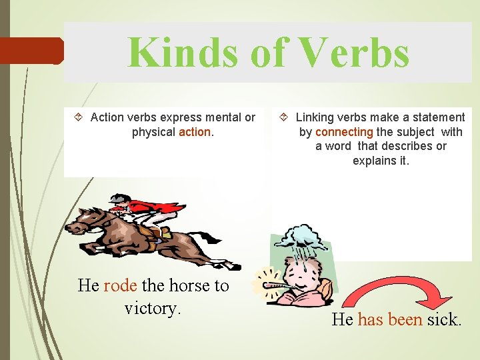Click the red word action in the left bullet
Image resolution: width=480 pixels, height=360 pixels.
click(x=195, y=132)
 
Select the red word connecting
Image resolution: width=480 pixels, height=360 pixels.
click(x=345, y=132)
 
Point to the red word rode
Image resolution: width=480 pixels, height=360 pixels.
click(x=120, y=286)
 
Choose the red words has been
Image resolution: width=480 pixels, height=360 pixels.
click(x=390, y=320)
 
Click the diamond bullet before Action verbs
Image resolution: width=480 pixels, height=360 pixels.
click(x=79, y=118)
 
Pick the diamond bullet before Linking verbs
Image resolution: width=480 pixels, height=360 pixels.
click(x=284, y=118)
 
